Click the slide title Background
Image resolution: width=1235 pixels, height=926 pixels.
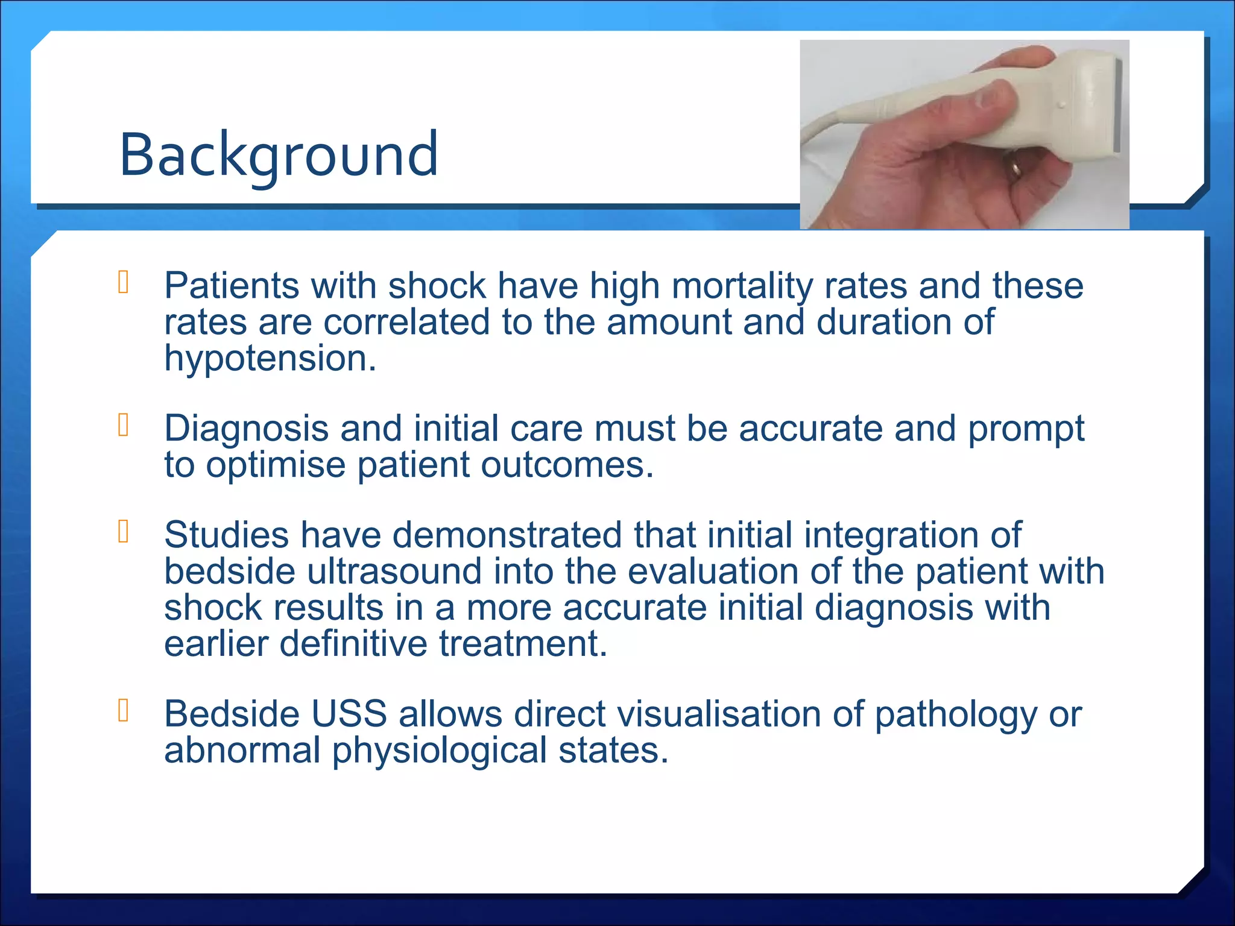point(279,155)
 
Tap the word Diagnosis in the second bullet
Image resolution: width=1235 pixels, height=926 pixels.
point(246,429)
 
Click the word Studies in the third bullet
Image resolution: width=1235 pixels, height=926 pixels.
point(226,535)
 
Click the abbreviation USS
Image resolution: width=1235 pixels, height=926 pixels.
point(349,714)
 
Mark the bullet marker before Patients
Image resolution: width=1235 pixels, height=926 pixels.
point(124,283)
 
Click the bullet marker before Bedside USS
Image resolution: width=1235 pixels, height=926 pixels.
point(124,711)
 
